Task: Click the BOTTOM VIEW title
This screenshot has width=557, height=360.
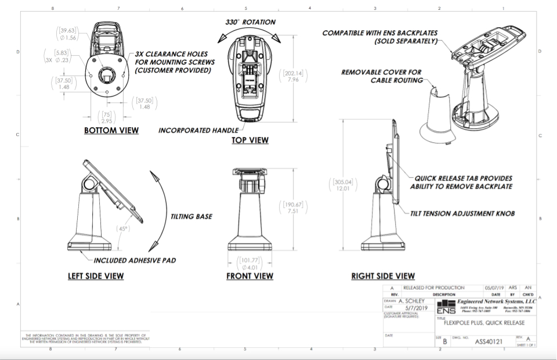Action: point(111,130)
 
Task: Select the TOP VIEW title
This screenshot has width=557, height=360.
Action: point(250,140)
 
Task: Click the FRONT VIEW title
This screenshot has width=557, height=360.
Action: point(249,276)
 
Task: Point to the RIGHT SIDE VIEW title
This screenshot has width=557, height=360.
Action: point(383,276)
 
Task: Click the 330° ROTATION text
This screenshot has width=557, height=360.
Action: point(251,22)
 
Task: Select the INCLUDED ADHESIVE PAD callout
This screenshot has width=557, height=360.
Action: point(135,261)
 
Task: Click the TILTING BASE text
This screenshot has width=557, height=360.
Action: point(191,217)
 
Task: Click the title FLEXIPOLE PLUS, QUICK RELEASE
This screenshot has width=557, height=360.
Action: point(484,323)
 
